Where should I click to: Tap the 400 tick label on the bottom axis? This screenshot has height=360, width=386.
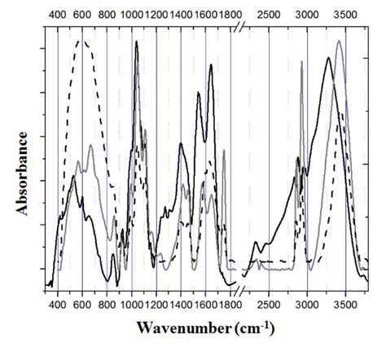tap(57, 306)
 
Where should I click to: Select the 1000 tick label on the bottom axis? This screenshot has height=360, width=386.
tap(131, 306)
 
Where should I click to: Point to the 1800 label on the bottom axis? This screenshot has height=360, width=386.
tap(230, 306)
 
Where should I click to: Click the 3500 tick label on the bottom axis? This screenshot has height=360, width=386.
tap(345, 306)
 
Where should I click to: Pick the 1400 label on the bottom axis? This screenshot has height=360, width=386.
tap(181, 306)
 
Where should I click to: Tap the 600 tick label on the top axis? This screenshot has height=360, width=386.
tap(81, 14)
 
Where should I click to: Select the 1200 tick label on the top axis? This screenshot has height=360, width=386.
tap(156, 14)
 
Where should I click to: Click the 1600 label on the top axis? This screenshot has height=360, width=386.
tap(205, 14)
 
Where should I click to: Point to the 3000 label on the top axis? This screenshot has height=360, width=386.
tap(307, 14)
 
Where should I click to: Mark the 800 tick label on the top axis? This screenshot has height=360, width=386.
tap(107, 14)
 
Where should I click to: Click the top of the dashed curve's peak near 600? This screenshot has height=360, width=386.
tap(80, 40)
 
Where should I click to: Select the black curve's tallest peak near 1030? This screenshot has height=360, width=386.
tap(136, 42)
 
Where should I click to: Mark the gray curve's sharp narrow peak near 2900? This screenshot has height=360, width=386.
tap(301, 62)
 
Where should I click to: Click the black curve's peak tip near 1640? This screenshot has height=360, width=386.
tap(211, 64)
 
